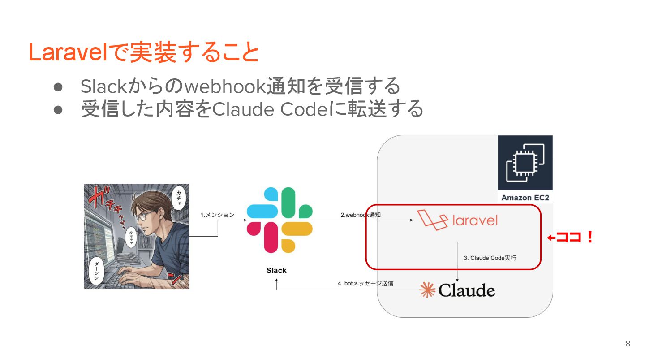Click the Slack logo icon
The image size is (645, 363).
click(x=279, y=220)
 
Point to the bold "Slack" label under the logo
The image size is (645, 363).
click(x=276, y=270)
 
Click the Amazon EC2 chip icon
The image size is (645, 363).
click(x=525, y=163)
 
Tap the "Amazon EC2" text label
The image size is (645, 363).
click(x=525, y=198)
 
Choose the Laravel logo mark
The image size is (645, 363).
click(x=433, y=220)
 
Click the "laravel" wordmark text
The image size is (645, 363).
click(x=475, y=220)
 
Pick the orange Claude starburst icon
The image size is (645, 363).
click(x=427, y=290)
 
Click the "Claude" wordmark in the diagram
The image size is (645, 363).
click(x=467, y=291)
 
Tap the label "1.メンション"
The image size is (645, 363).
click(x=217, y=215)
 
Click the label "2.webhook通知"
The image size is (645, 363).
click(x=361, y=215)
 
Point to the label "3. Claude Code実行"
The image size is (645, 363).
click(x=490, y=258)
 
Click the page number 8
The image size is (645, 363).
click(x=628, y=344)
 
